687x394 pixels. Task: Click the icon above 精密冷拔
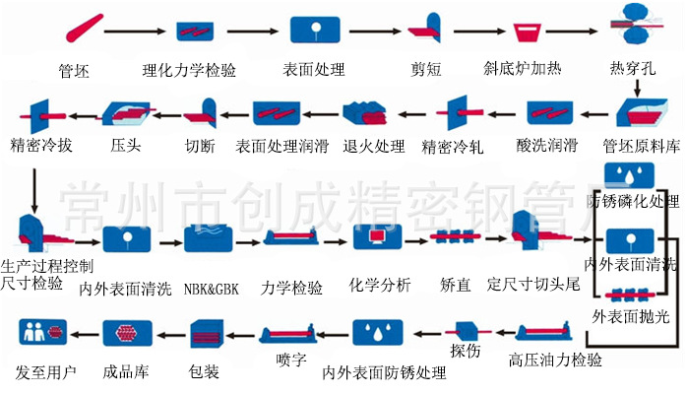[39, 114]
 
